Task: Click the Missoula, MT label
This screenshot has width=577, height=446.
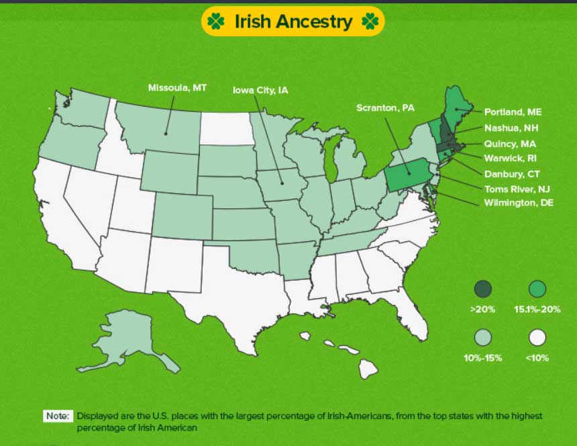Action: point(177,88)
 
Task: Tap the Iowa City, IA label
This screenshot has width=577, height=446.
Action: point(260,89)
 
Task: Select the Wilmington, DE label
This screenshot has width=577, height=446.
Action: point(519,203)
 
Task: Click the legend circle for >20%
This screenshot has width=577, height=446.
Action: point(482,289)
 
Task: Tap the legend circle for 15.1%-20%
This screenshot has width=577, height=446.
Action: point(537,289)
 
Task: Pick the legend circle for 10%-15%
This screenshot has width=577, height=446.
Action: point(482,337)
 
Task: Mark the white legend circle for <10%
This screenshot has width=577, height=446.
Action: point(537,337)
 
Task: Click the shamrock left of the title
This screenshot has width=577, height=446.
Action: point(216,21)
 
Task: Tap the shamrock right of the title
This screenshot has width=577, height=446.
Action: point(370,21)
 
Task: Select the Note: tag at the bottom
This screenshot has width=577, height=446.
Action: point(58,416)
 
